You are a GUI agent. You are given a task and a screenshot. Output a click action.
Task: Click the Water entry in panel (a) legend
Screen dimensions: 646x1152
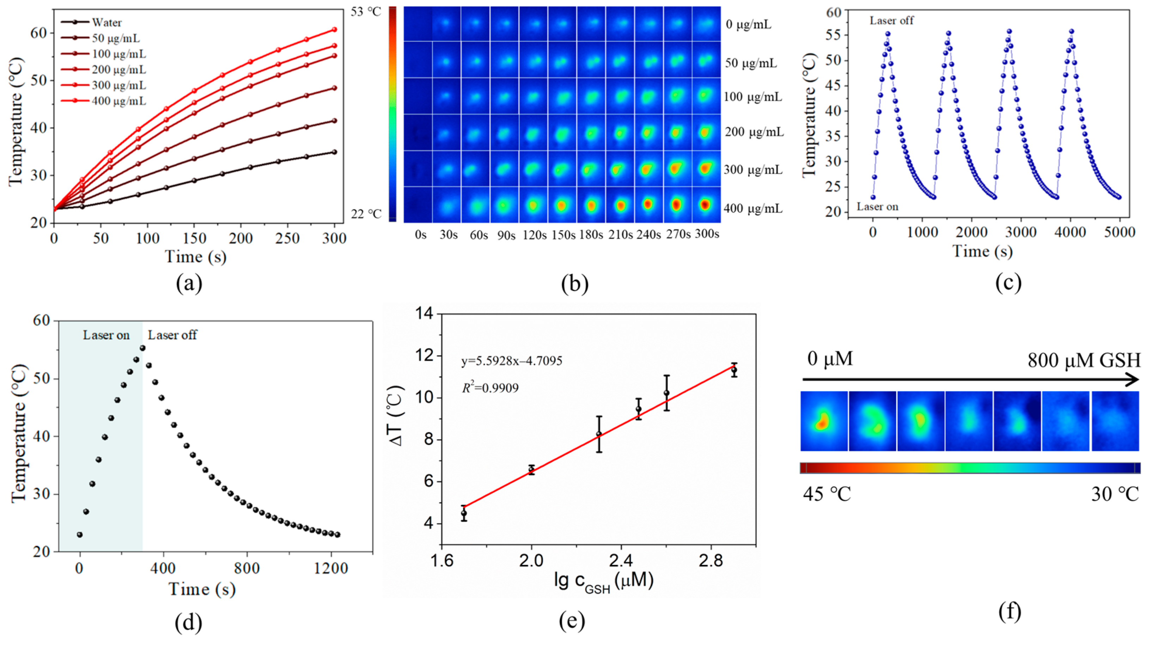click(x=106, y=22)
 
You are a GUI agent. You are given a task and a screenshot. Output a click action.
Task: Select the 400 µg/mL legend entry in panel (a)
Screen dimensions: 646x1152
click(x=118, y=101)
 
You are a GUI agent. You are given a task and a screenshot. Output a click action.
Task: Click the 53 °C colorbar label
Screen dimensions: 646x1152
click(x=366, y=12)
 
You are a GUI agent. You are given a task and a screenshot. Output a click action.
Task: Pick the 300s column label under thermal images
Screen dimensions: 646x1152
click(x=707, y=234)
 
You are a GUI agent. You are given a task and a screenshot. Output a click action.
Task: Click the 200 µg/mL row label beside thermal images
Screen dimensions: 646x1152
click(x=754, y=132)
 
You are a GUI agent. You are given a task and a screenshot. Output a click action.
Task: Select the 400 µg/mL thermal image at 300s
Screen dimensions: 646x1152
click(x=705, y=205)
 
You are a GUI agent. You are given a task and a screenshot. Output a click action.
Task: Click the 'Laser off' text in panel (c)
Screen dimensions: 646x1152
click(x=891, y=20)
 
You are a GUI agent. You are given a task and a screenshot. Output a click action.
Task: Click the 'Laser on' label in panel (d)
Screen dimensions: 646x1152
click(x=106, y=335)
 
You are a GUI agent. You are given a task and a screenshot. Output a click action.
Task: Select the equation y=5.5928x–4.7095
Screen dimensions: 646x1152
click(x=512, y=361)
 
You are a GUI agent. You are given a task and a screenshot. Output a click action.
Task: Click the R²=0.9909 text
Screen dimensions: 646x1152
click(x=490, y=388)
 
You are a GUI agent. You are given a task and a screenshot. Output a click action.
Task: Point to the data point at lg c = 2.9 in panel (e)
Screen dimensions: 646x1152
click(x=734, y=370)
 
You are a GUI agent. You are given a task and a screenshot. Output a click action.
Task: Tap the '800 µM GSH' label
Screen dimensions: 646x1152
click(x=1083, y=360)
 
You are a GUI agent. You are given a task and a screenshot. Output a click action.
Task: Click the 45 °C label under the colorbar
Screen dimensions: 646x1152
click(x=827, y=494)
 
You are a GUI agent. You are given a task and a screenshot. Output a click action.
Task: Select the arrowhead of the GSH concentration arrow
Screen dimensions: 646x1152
click(x=1132, y=380)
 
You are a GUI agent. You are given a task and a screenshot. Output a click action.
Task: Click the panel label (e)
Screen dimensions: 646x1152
click(x=572, y=621)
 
